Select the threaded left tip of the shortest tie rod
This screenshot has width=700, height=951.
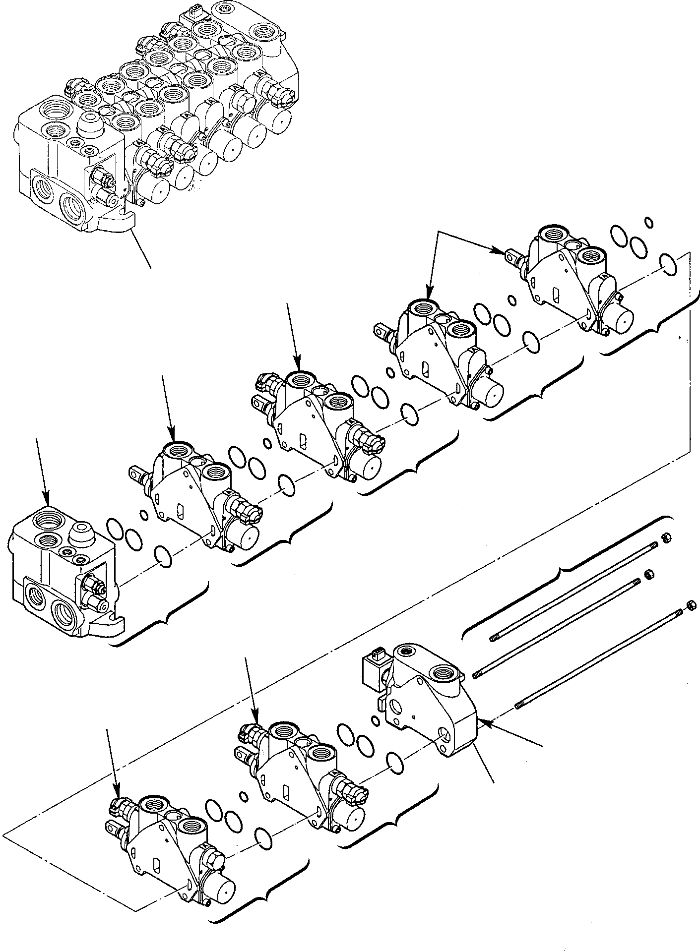pos(494,638)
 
